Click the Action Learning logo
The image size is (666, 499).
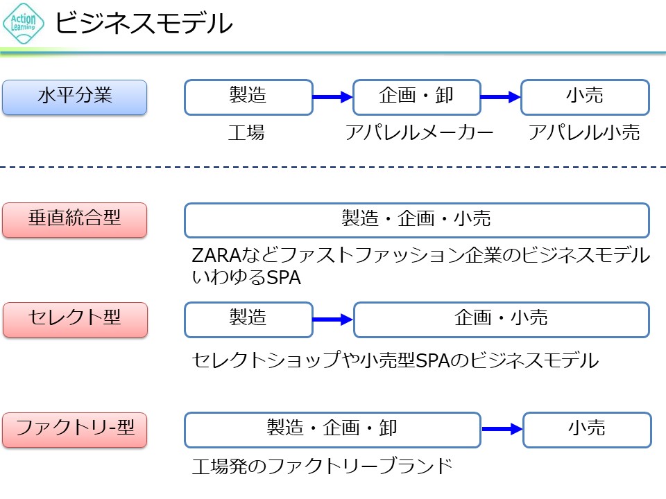tap(24, 23)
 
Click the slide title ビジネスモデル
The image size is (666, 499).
tap(144, 24)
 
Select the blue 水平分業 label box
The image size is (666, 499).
tap(75, 97)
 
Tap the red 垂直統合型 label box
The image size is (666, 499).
tap(75, 220)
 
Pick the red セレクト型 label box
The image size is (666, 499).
tap(75, 319)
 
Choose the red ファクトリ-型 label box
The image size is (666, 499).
tap(75, 430)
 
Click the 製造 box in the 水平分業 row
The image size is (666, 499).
tap(248, 97)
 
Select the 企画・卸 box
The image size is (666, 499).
tap(416, 97)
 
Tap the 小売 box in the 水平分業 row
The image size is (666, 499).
tap(585, 97)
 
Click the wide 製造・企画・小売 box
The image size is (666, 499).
tap(416, 220)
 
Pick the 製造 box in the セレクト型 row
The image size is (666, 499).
tap(248, 319)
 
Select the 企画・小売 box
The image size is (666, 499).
tap(501, 319)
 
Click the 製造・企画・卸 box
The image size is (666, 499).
tap(332, 430)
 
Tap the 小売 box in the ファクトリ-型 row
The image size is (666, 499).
tap(587, 430)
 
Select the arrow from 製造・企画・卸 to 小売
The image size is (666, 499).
tap(502, 430)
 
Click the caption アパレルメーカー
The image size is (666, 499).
tap(419, 133)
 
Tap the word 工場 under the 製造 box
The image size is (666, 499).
tap(246, 133)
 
